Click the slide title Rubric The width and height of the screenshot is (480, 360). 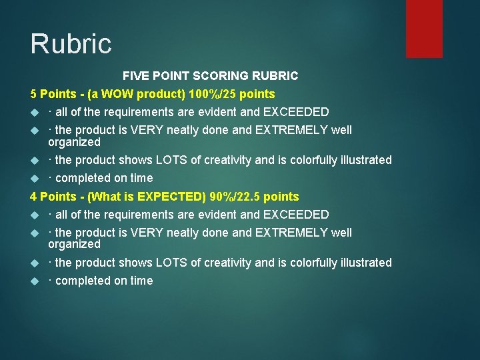click(71, 44)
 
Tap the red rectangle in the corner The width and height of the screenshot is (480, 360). click(424, 28)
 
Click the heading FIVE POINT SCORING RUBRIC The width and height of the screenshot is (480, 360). click(210, 76)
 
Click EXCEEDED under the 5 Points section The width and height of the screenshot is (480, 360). click(296, 112)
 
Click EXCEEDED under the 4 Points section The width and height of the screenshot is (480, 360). click(296, 215)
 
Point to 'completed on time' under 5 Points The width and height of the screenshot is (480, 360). click(104, 178)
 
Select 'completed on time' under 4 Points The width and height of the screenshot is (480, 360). click(104, 281)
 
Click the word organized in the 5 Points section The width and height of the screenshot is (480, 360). click(74, 142)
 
